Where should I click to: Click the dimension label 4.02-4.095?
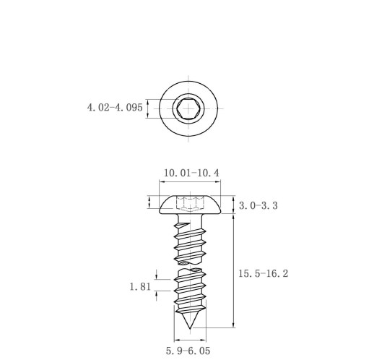tap(115, 108)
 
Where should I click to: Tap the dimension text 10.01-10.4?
tap(191, 173)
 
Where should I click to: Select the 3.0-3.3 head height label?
tap(258, 205)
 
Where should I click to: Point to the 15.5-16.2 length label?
tap(263, 273)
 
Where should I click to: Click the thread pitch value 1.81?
tap(140, 287)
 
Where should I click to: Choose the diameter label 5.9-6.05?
tap(188, 351)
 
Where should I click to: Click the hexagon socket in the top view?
tap(188, 108)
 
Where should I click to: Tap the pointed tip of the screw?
tap(190, 328)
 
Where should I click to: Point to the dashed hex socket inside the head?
tap(190, 204)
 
